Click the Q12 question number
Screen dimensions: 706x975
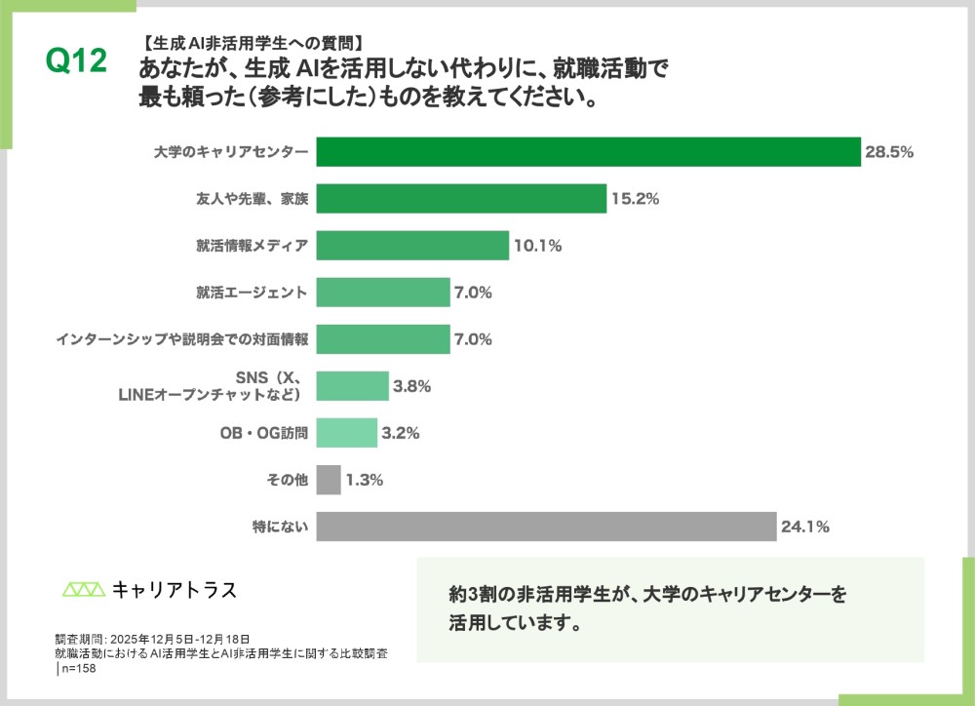pos(75,61)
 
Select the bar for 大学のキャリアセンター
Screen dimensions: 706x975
pos(589,152)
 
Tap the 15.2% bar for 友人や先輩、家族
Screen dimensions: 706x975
pos(461,199)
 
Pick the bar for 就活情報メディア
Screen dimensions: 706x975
pos(412,246)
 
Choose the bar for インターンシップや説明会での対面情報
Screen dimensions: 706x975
pos(383,339)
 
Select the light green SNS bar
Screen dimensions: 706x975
pos(352,386)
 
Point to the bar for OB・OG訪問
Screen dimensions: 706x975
pos(347,433)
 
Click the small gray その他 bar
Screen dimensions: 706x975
pos(329,480)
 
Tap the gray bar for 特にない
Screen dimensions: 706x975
pos(546,527)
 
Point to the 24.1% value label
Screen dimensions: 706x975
pos(804,527)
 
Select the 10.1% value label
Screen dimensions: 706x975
pos(537,246)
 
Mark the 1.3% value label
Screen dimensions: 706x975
pos(364,480)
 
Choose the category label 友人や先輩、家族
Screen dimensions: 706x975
pos(253,199)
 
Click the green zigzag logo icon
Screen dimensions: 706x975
pos(83,589)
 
